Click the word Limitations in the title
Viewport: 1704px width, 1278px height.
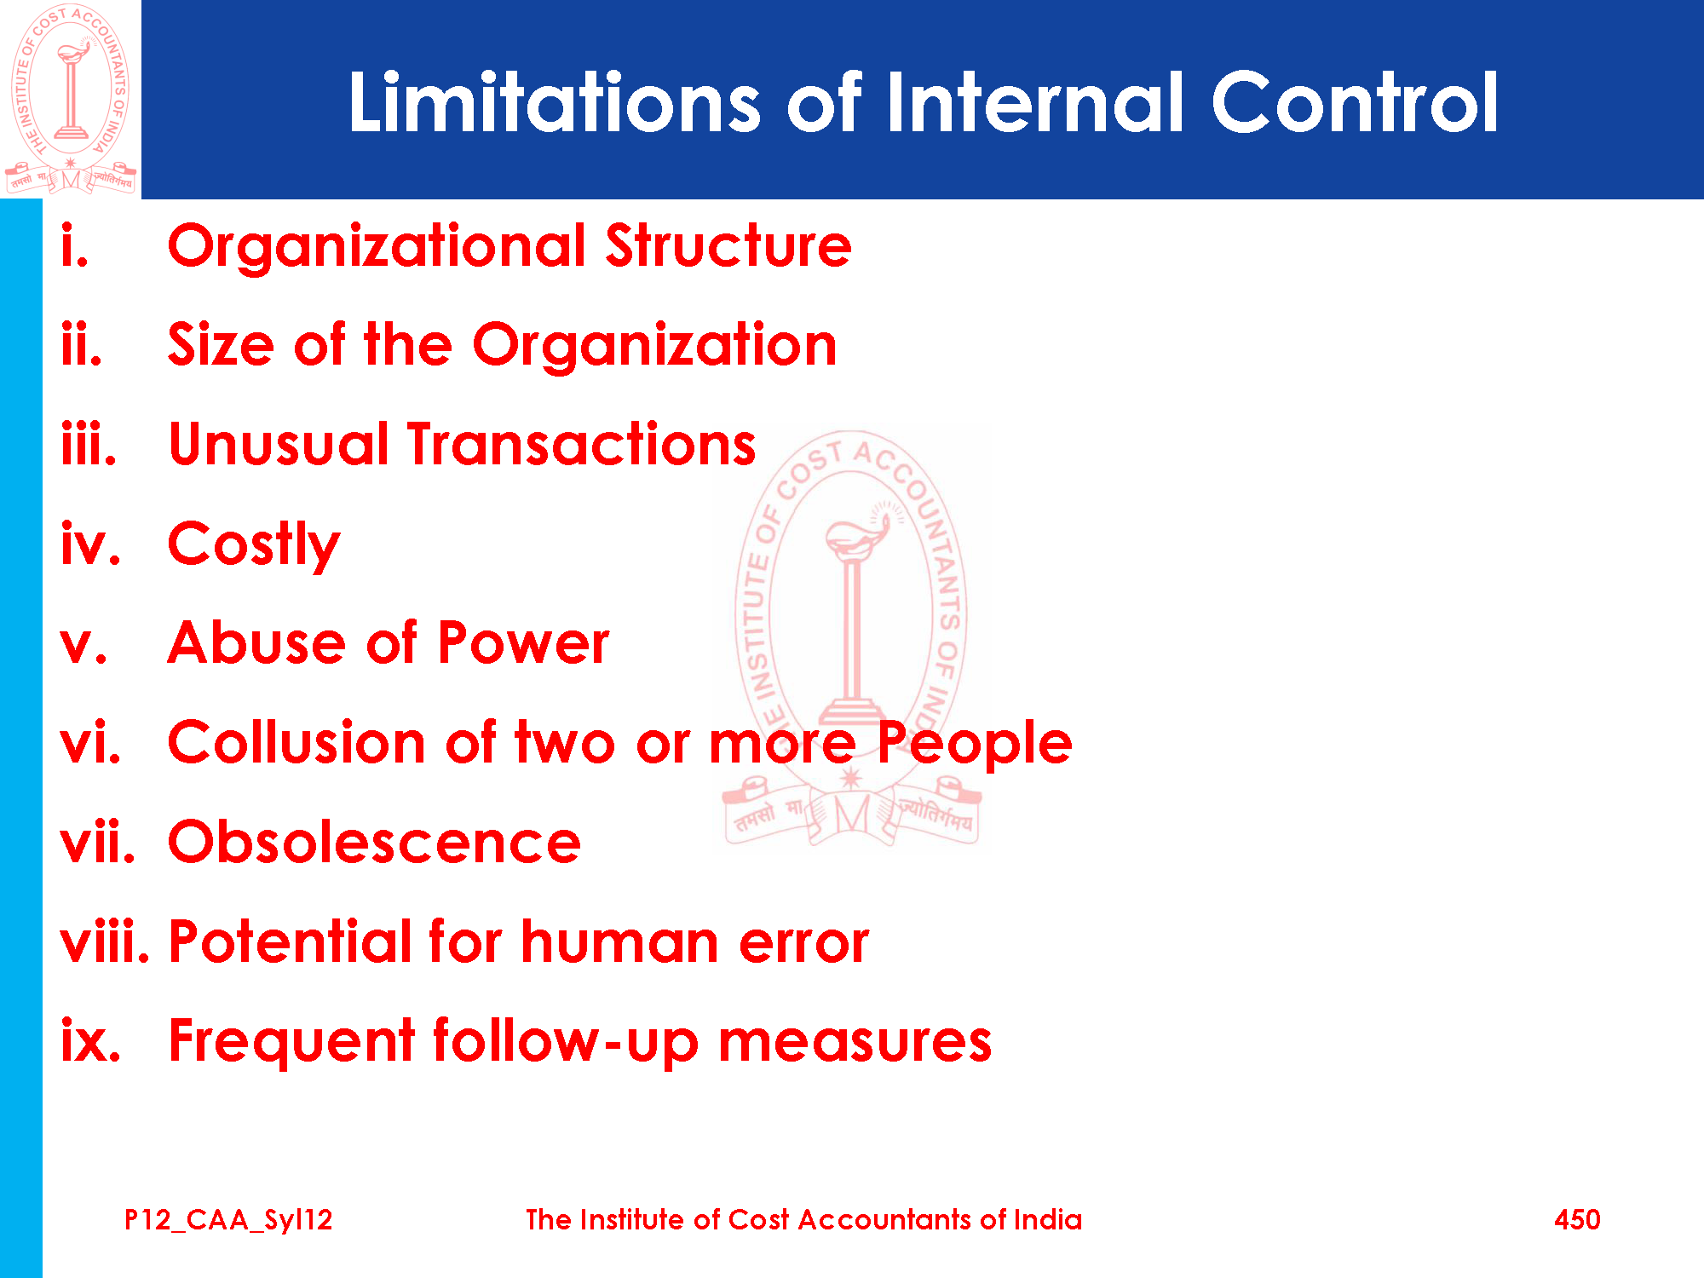555,102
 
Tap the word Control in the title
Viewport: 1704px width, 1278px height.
1355,102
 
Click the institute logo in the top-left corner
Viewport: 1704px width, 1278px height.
71,99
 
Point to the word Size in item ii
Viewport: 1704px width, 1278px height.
221,344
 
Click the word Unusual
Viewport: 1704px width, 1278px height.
279,444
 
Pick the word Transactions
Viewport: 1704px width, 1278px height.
581,444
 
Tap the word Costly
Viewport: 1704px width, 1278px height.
254,545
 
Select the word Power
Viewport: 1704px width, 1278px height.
524,642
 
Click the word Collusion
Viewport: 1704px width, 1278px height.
296,742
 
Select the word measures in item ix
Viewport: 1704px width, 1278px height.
855,1042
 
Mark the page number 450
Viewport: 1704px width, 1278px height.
1577,1220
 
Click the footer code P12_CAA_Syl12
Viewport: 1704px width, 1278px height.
228,1220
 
